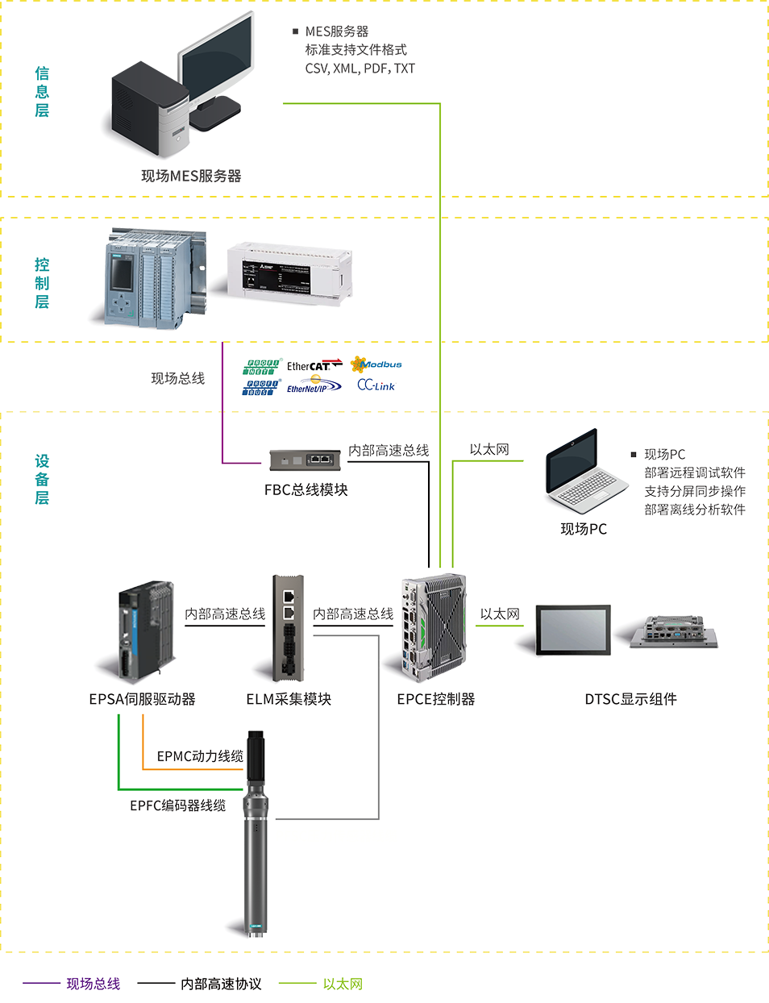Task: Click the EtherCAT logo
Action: (x=314, y=366)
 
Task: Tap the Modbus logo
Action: (x=376, y=364)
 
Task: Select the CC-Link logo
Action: (x=376, y=385)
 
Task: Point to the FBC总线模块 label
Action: (x=306, y=489)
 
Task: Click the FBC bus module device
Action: (x=305, y=460)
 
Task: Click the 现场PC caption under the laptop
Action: (x=584, y=529)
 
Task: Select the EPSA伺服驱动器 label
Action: (x=142, y=699)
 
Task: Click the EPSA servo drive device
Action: (x=147, y=629)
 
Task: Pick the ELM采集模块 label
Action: (x=289, y=699)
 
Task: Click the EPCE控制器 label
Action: (x=436, y=699)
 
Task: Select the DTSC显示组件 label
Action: (x=630, y=699)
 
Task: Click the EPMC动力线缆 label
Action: (x=200, y=756)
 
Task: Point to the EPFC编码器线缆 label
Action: (x=177, y=805)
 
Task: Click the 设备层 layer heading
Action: (x=42, y=479)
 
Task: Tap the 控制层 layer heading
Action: (x=42, y=283)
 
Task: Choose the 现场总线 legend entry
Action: (x=94, y=984)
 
